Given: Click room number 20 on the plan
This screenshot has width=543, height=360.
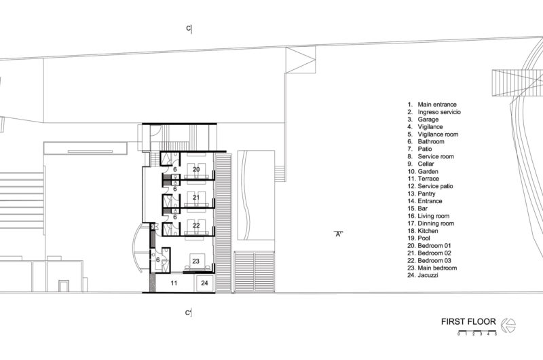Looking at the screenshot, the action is pos(196,169).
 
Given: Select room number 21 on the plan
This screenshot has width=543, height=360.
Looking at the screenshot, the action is pos(196,198).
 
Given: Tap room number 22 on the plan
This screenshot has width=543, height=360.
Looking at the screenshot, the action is pos(196,226).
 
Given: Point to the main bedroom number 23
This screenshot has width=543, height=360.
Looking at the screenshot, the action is pos(196,261).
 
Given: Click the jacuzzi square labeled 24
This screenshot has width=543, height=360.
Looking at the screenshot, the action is pos(205,283).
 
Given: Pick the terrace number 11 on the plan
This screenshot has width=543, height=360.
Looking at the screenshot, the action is pos(174,283).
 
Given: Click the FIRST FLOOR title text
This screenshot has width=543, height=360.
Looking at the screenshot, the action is pos(468,321).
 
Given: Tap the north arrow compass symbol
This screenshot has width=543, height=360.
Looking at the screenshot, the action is pos(508,325).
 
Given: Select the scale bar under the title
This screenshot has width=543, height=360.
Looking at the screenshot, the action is pos(477,334).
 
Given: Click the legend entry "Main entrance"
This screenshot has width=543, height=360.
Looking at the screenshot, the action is pos(437,105).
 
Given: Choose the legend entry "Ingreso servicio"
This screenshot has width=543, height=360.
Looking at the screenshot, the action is pos(439,112).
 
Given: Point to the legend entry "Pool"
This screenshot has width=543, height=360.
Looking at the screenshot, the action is pos(424,238).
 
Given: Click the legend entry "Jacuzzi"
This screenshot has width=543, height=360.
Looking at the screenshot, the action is pos(428,275).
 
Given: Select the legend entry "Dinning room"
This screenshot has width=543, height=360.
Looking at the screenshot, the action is pos(436,223).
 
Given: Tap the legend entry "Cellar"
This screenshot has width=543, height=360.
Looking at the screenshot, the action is pos(426,164).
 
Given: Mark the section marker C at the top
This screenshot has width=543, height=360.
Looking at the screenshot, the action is pos(189,29).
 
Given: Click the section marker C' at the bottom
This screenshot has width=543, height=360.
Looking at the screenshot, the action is pos(189,313).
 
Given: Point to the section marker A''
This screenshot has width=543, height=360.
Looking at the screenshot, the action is pos(339,234).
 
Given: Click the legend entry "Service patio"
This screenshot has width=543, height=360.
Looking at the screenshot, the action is pos(435,186).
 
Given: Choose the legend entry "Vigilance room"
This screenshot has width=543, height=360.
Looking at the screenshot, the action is pos(438,134).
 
